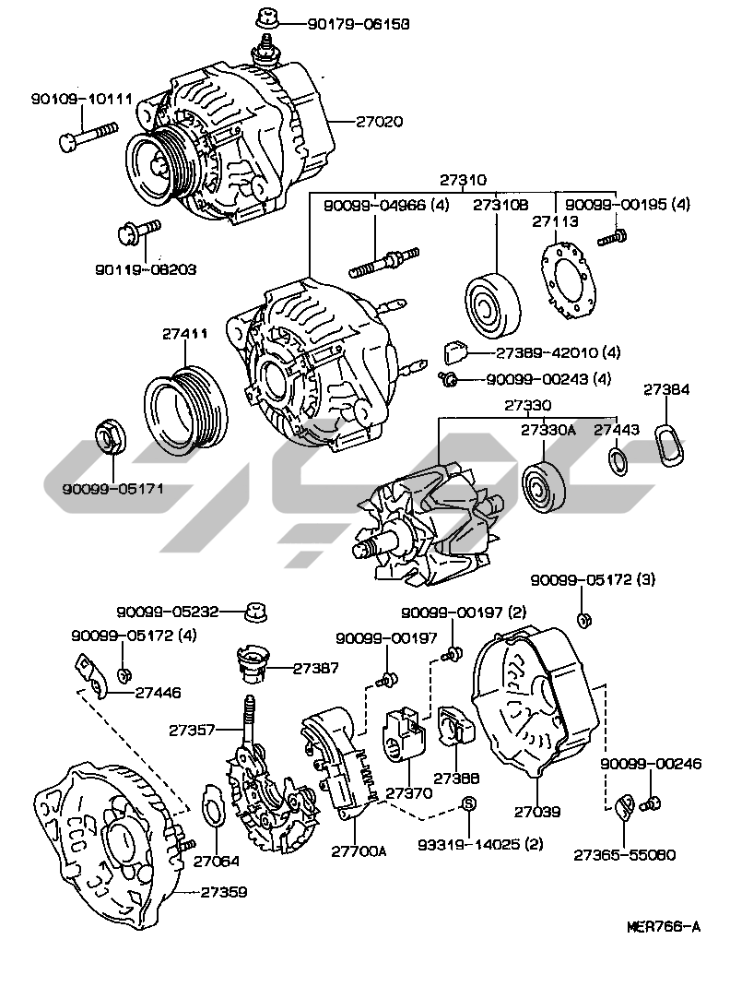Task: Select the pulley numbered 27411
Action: (187, 410)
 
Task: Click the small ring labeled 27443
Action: (619, 461)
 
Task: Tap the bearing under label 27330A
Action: (544, 487)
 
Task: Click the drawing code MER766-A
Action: (664, 926)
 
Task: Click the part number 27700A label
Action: (359, 850)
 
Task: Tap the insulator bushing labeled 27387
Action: (250, 665)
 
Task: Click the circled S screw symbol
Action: (467, 804)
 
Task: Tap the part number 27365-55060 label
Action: (625, 854)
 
